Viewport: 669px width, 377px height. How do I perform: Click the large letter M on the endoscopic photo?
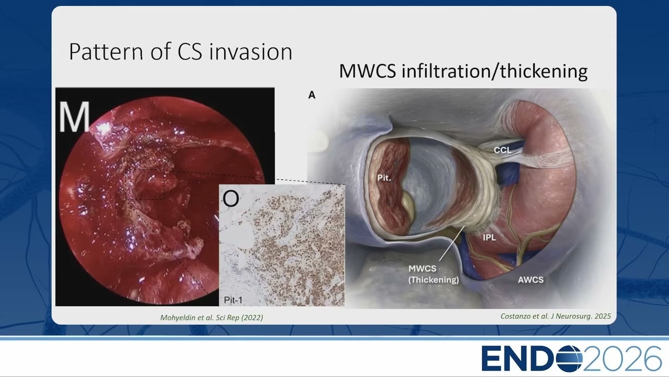[x=74, y=117]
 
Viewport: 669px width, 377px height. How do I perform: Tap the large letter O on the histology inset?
[x=231, y=198]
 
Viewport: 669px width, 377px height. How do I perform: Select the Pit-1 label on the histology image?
[x=233, y=300]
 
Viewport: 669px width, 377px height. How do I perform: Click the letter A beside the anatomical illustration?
[x=312, y=95]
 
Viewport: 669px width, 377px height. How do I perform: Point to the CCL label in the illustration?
[x=502, y=150]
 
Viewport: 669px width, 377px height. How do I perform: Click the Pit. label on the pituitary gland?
[x=384, y=178]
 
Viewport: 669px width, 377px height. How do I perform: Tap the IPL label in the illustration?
[x=489, y=237]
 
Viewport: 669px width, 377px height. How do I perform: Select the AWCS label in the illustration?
[x=530, y=280]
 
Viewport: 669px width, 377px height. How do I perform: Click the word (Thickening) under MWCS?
[x=433, y=280]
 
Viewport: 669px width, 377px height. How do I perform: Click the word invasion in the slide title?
[x=250, y=51]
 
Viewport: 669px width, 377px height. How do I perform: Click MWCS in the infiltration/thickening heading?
[x=367, y=71]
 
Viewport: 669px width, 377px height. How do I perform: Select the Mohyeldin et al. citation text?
[x=212, y=317]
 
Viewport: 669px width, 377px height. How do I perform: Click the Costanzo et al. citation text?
[x=556, y=316]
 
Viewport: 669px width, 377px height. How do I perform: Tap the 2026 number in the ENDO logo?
[x=622, y=359]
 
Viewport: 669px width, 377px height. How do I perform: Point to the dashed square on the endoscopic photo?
[x=126, y=184]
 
